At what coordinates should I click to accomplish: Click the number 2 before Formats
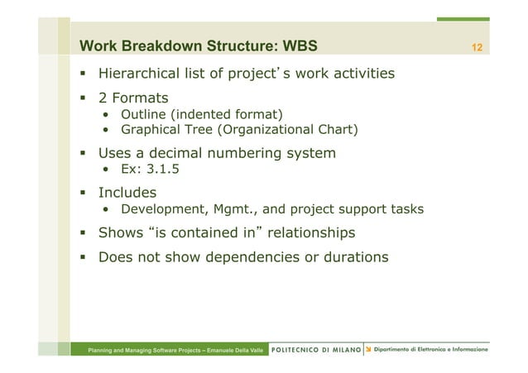(x=103, y=98)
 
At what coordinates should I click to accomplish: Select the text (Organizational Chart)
(x=284, y=129)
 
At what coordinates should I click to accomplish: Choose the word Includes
(x=127, y=193)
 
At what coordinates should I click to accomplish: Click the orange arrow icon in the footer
(x=368, y=350)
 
